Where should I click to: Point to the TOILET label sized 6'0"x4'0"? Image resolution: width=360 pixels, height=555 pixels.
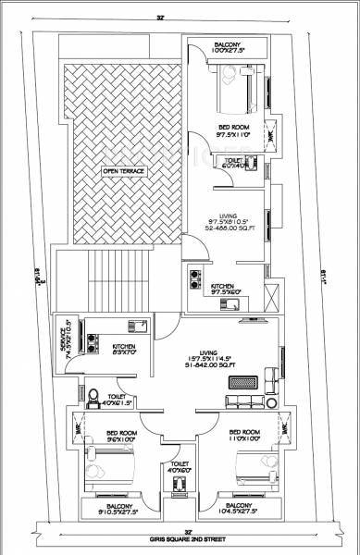point(232,163)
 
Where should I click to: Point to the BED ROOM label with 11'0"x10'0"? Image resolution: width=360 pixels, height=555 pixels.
point(244,436)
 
